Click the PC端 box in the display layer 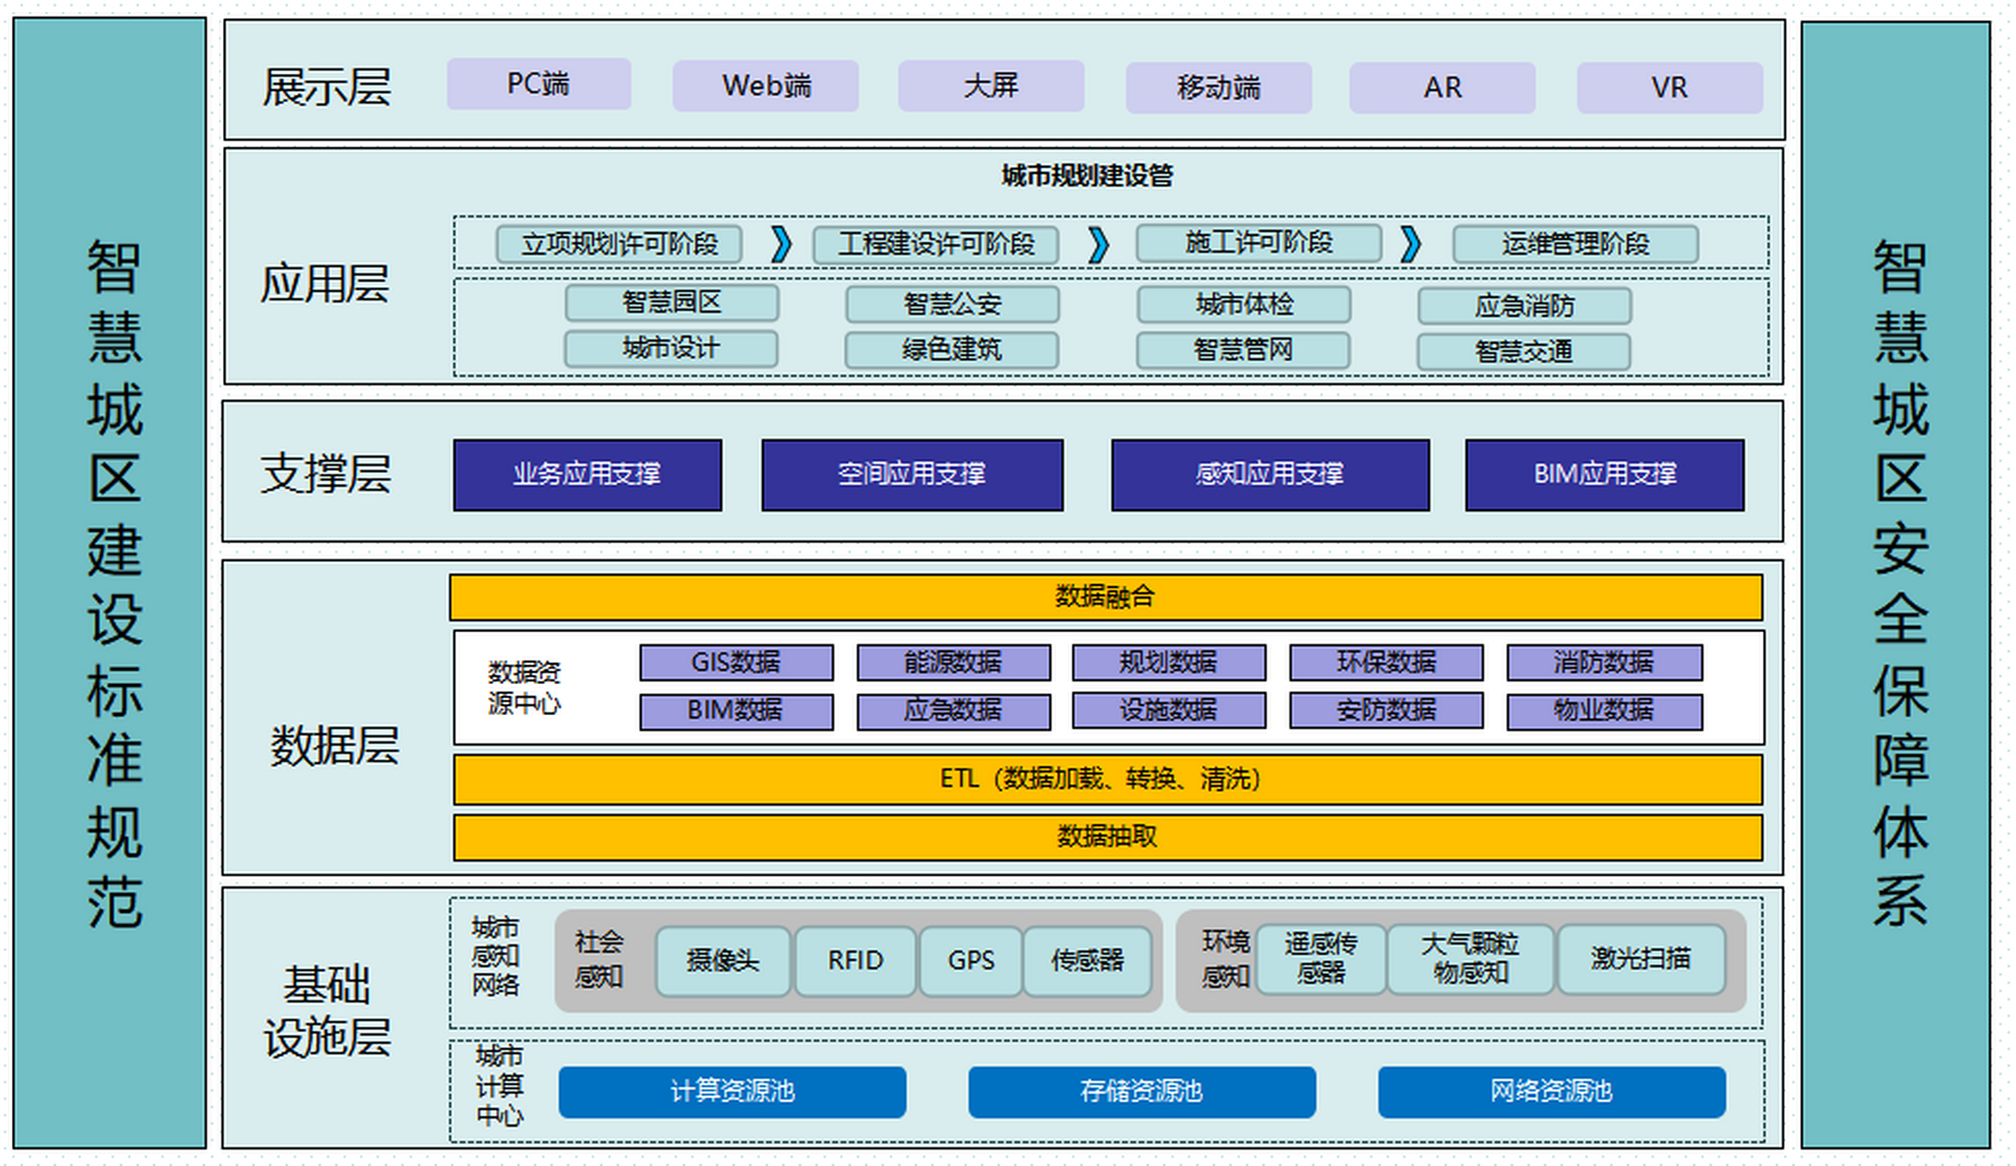538,85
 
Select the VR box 1669,87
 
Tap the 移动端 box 1218,87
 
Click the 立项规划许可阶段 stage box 619,244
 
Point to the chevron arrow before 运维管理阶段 1410,244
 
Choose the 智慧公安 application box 952,304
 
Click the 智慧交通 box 1523,352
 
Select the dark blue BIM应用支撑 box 1604,475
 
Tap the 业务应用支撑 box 587,475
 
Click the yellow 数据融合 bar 1105,597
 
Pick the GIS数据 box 736,662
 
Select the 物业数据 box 1604,711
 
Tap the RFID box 855,961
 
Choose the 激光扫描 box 1641,959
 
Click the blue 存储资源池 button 1142,1091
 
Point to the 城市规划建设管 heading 1087,175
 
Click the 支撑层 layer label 326,475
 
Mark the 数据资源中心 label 524,688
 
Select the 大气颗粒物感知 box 1470,959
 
